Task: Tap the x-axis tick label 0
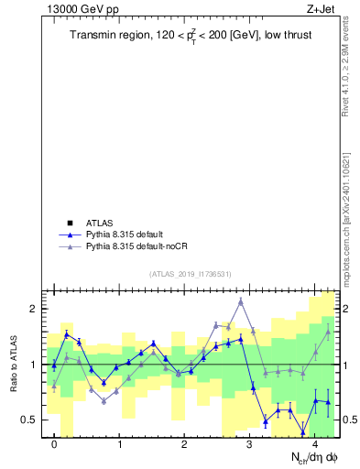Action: (54, 444)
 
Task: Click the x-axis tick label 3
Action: (250, 444)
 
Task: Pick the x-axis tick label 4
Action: (315, 444)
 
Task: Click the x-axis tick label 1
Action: (120, 444)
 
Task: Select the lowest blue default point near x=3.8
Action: (302, 431)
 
